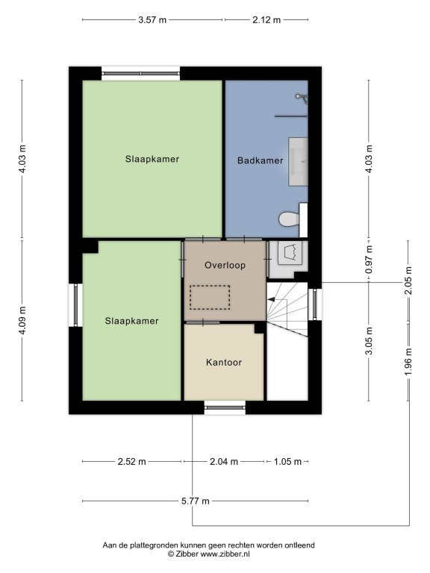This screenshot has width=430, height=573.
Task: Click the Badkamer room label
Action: coord(260,160)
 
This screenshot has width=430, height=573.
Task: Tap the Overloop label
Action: coord(225,266)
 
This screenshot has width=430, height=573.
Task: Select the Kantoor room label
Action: coord(224,363)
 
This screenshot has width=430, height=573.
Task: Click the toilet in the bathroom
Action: coord(293,219)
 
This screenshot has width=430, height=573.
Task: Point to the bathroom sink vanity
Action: coord(298,161)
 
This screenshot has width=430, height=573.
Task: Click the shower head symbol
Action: coord(302,98)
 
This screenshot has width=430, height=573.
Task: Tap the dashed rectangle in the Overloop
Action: coord(210,298)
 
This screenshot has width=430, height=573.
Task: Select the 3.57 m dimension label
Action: coord(152,19)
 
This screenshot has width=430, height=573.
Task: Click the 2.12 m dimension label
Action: coord(267,19)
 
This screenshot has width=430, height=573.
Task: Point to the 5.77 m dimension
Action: coord(196,501)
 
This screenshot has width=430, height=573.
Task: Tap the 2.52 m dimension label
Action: coord(131,462)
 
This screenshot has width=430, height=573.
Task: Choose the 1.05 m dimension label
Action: coord(287,462)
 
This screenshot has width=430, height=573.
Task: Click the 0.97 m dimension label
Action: coord(369,260)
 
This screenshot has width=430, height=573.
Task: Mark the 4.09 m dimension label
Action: coord(22,320)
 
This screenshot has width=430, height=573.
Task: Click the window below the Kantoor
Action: coord(225,407)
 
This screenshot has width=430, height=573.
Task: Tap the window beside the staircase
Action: coord(314,304)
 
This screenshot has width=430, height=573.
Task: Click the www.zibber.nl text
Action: coord(225,554)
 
